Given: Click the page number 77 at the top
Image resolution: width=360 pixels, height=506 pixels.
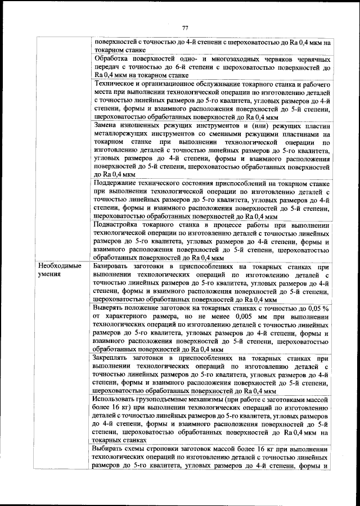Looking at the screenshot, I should point(184,28).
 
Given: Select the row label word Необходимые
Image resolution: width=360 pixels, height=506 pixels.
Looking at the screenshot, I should point(60,265).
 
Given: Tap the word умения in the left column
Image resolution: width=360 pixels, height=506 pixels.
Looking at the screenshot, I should point(50,274).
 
